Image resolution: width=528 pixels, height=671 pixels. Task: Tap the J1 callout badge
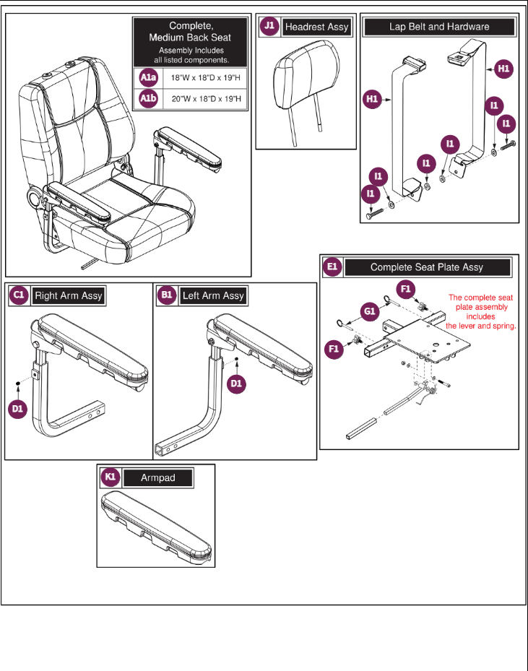[x=269, y=26]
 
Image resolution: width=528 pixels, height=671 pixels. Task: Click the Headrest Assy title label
[x=316, y=27]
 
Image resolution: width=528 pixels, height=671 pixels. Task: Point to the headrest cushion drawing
[x=305, y=84]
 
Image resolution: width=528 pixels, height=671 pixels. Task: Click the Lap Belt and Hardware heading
[x=439, y=27]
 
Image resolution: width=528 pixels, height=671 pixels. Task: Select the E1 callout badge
[x=332, y=267]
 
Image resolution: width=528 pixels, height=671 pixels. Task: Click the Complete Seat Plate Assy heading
[x=427, y=267]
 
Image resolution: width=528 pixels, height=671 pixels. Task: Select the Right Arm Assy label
[x=69, y=295]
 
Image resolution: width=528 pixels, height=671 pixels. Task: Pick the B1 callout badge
[x=167, y=295]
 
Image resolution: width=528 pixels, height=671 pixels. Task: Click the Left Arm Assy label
[x=213, y=295]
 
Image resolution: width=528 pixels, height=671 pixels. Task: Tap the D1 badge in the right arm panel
[x=18, y=408]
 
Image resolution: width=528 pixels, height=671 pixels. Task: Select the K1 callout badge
[x=110, y=477]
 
